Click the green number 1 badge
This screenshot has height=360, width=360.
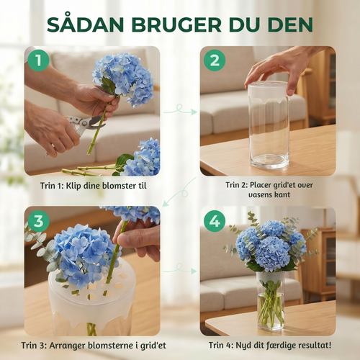point(38,60)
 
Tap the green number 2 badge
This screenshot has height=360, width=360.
point(215,60)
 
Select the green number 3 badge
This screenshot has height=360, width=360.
point(38,221)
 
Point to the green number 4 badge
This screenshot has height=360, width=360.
point(215,221)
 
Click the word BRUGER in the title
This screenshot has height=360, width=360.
point(176,24)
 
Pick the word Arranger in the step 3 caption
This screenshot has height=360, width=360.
point(67,346)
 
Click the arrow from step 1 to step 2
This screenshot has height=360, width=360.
point(180,110)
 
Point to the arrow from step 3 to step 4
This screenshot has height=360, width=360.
point(180,269)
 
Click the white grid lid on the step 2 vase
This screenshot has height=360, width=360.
point(268,91)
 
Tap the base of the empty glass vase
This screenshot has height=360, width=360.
point(269,161)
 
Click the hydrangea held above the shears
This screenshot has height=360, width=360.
point(124,78)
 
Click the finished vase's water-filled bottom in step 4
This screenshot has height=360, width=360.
point(271,312)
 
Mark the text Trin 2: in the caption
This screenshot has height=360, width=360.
point(237,185)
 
